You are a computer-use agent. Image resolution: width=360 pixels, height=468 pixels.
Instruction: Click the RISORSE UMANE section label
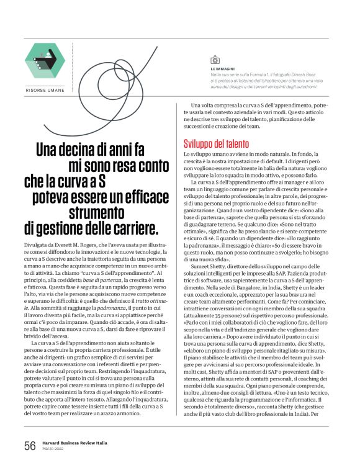click(x=45, y=91)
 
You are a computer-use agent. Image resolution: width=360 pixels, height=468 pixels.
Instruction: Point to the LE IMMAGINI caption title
click(x=223, y=68)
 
